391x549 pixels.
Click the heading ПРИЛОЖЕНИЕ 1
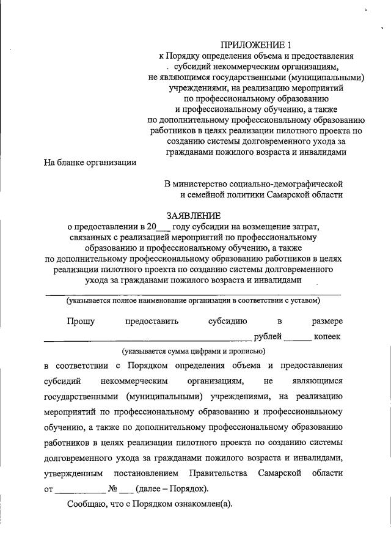click(x=253, y=45)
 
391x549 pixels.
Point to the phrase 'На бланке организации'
click(x=90, y=163)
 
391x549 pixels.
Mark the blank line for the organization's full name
click(x=194, y=293)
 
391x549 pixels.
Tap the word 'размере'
click(x=327, y=321)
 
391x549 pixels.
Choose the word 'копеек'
click(x=327, y=336)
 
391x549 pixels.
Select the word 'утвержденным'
click(x=75, y=474)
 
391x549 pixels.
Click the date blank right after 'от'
click(x=80, y=490)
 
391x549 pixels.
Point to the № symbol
click(x=112, y=489)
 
